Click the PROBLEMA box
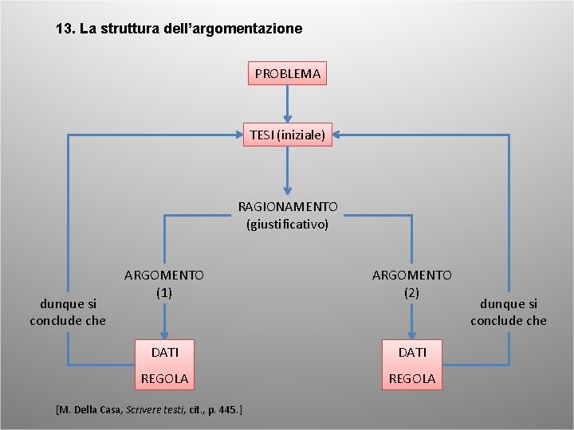[287, 73]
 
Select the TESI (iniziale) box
[287, 135]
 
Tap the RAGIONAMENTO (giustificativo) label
[287, 215]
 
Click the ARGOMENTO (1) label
[164, 283]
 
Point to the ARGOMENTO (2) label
[411, 283]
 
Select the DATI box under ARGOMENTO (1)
[164, 351]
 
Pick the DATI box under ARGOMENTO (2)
[411, 351]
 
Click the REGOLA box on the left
[164, 378]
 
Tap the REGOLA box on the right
[411, 378]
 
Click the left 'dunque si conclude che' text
[68, 311]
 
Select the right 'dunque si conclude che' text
[508, 311]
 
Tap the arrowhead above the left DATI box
[164, 334]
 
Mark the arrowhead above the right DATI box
[411, 334]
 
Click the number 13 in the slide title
[64, 29]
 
